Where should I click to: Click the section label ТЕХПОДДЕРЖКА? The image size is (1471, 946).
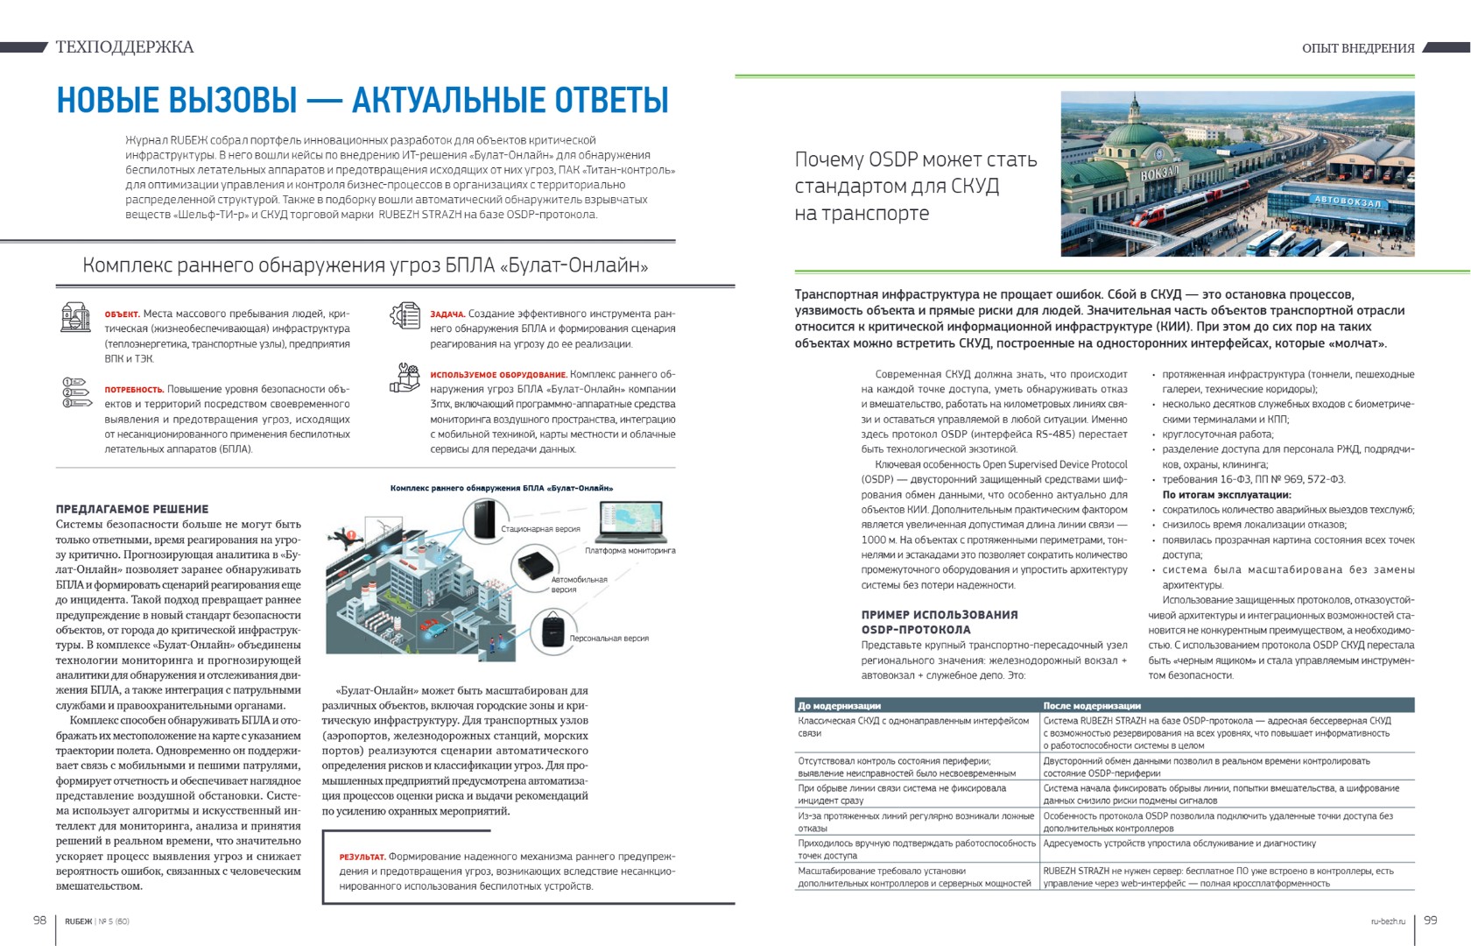pos(124,47)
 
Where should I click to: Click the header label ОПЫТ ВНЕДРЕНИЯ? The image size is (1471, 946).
pos(1358,48)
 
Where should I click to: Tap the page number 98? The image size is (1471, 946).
pos(39,920)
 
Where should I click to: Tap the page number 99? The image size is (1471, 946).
pos(1431,920)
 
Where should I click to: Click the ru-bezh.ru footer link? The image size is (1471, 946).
pos(1388,921)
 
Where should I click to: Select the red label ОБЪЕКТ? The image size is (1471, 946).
pos(122,314)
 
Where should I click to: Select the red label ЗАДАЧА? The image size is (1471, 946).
pos(447,314)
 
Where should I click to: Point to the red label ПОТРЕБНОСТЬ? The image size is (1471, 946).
pos(134,390)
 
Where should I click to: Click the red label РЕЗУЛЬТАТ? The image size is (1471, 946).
pos(362,857)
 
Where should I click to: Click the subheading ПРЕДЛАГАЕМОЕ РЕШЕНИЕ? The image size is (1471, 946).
pos(132,509)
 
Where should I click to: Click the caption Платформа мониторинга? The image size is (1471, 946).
pos(630,551)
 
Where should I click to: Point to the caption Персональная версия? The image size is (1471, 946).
pos(609,639)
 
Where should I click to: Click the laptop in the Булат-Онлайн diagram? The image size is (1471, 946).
pos(630,522)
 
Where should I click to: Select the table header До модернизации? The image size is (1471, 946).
pos(839,705)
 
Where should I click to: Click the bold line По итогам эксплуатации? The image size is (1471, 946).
pos(1226,495)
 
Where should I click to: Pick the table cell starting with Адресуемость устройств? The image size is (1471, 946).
pos(1179,844)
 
